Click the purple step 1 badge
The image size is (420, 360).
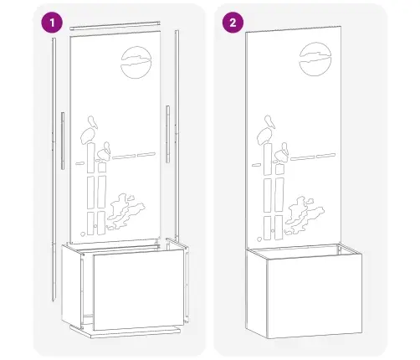52,23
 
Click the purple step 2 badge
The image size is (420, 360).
233,23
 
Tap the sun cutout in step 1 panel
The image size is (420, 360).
136,62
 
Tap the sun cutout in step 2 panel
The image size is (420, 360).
315,59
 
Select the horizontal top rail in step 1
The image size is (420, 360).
115,25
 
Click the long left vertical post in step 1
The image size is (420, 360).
54,169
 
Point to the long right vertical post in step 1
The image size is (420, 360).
177,134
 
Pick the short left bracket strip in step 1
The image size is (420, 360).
63,141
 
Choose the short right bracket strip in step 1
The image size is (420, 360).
167,134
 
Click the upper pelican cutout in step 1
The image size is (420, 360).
90,131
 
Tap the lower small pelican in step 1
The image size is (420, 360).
104,152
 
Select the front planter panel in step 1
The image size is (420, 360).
139,290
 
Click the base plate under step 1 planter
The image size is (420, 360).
125,332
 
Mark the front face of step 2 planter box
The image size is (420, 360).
315,296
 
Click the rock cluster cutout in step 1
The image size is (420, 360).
125,211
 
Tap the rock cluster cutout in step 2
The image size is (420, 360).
304,215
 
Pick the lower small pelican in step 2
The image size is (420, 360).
282,153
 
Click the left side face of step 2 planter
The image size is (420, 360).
257,294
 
